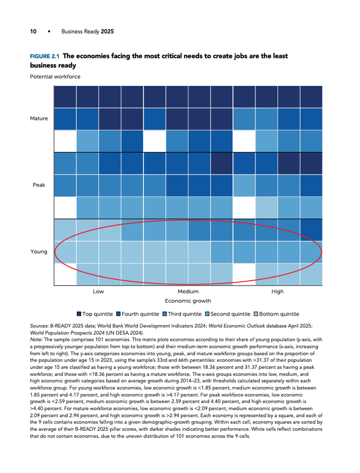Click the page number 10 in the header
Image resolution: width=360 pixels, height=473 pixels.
point(33,31)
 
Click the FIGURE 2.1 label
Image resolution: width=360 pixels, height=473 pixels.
point(45,57)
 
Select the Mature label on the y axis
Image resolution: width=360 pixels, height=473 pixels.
point(39,118)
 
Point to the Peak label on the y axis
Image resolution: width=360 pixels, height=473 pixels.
point(39,185)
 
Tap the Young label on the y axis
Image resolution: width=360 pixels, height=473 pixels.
point(39,252)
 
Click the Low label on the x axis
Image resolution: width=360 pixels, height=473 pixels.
point(98,291)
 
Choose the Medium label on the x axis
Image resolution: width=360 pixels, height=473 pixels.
point(188,291)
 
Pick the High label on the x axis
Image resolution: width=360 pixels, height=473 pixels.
point(277,291)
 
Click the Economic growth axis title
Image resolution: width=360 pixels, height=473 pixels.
point(188,301)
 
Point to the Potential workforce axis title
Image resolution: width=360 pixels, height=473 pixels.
point(55,77)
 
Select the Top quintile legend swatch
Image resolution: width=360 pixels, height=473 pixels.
point(79,314)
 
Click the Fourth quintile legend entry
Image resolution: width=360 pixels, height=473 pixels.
point(137,314)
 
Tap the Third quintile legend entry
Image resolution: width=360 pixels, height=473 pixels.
point(182,314)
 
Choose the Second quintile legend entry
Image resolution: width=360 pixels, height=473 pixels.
point(228,314)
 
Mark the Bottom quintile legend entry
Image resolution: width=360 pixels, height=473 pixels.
point(277,314)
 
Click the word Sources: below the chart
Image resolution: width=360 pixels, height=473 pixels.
point(39,326)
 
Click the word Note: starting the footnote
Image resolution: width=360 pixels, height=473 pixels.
point(36,340)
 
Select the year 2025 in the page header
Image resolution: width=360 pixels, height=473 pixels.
point(107,31)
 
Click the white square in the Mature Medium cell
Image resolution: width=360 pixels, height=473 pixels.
point(155,141)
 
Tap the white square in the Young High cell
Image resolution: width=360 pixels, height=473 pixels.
point(244,274)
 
